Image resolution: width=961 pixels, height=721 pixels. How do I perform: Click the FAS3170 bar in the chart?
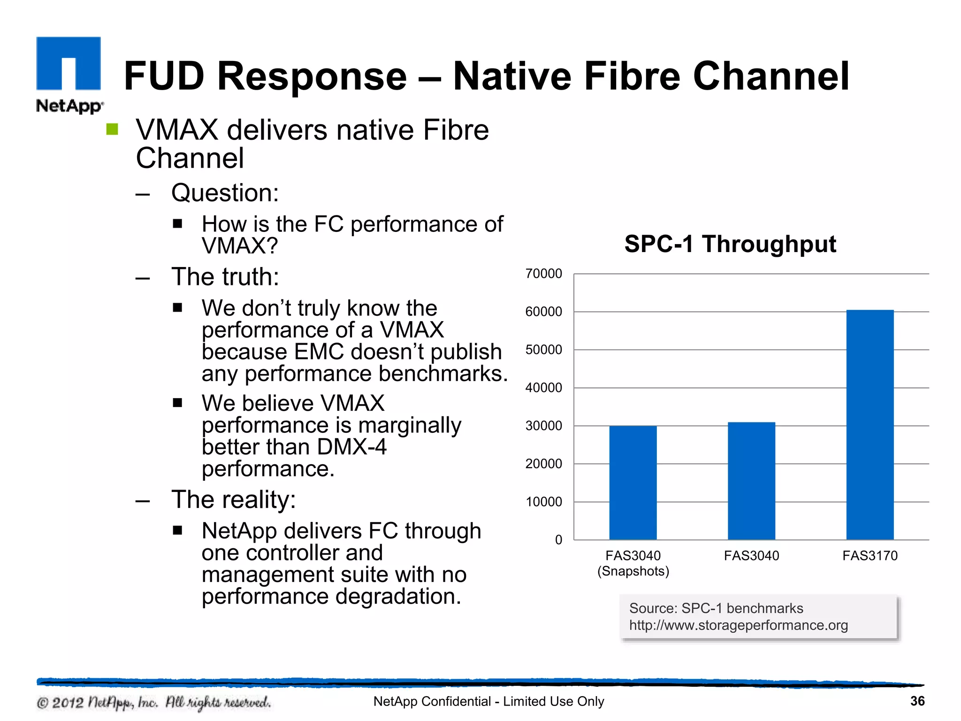[869, 425]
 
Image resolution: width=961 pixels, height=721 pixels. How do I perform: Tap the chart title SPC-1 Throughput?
[730, 244]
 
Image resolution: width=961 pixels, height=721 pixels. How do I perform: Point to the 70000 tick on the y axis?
[543, 274]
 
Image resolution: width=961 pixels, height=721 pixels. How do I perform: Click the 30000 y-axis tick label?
[543, 426]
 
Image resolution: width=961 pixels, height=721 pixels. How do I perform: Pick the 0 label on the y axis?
[558, 540]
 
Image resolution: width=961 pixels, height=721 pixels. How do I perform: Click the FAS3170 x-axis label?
[869, 556]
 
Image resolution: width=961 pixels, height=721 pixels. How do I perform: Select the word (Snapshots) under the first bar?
[633, 571]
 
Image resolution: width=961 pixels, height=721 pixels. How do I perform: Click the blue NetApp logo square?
[69, 63]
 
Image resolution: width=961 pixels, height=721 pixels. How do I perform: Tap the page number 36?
[917, 701]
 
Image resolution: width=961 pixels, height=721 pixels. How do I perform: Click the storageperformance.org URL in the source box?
[738, 625]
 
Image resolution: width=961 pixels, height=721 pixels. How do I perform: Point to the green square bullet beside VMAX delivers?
[112, 129]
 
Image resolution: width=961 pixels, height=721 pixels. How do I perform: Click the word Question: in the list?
[225, 193]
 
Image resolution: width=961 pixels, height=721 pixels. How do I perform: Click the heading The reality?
[233, 499]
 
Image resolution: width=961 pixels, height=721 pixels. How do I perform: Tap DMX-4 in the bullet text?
[351, 447]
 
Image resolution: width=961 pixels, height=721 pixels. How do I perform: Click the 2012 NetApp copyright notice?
[153, 702]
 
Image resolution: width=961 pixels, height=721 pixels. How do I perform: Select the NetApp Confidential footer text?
[488, 701]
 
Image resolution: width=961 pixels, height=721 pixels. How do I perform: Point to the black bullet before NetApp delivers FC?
[177, 530]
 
